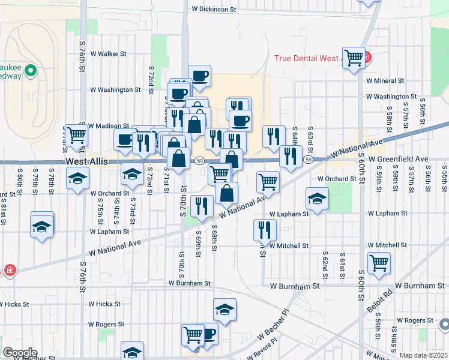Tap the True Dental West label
click(x=308, y=59)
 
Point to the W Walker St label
click(x=107, y=53)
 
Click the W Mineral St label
click(x=385, y=80)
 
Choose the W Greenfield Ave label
click(x=399, y=159)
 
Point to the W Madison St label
click(x=109, y=126)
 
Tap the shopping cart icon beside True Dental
click(x=354, y=58)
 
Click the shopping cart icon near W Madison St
click(x=76, y=136)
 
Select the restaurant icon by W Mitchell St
click(x=265, y=229)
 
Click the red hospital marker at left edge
click(x=10, y=271)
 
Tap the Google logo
click(x=19, y=353)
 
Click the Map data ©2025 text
click(x=423, y=355)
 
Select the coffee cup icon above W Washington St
click(x=199, y=76)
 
